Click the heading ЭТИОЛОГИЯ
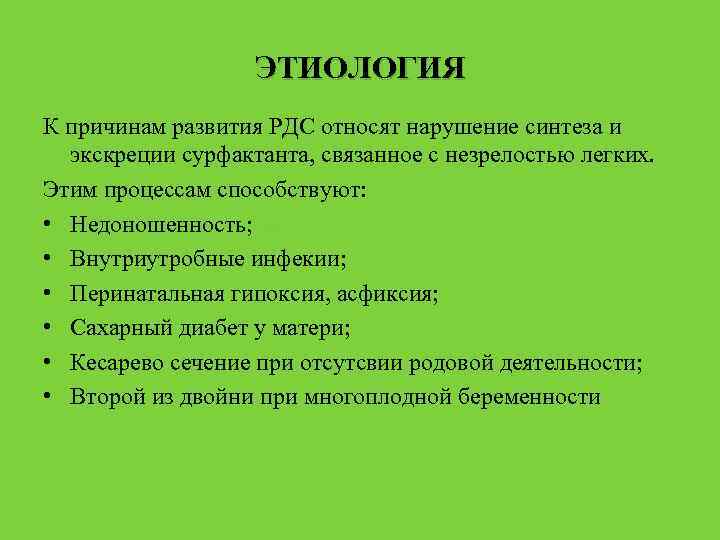point(360,69)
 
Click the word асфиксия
point(388,294)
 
